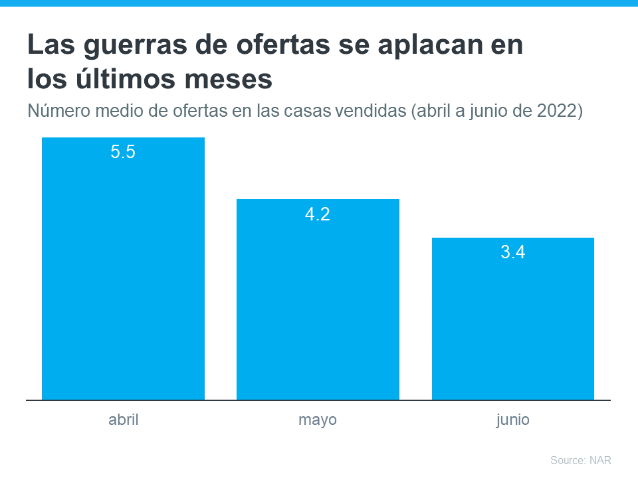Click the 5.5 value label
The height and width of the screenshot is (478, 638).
pos(123,152)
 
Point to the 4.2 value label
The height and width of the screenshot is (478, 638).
pos(318,214)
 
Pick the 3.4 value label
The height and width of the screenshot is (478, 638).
pos(512,252)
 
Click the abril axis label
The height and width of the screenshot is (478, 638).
pos(123,420)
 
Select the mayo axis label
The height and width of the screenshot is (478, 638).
pos(318,420)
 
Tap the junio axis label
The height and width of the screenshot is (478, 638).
pos(512,420)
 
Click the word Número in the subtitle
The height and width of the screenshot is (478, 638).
pos(58,110)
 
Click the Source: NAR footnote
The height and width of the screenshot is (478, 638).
pos(580,460)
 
